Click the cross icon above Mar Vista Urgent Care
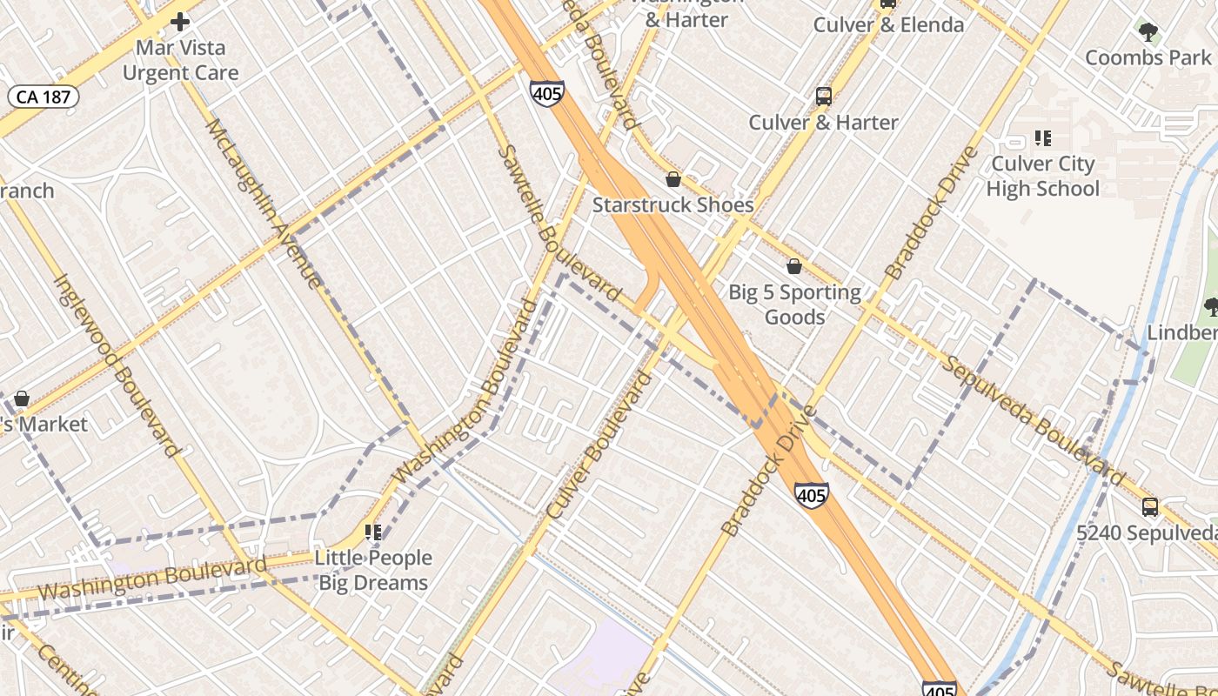pos(180,21)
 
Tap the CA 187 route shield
pos(43,97)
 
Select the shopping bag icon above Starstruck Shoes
pos(673,180)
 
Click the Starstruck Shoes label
pos(673,205)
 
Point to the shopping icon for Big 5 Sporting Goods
pos(793,266)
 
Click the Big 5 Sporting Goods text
pos(794,304)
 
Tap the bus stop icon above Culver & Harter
pos(823,97)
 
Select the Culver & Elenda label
pos(888,24)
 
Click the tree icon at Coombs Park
pos(1148,33)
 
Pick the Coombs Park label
pos(1148,57)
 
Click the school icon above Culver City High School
pos(1042,138)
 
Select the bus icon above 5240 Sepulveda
pos(1150,507)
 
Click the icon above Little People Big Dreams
pos(373,532)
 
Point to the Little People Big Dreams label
pos(373,570)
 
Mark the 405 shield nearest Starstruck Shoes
pos(546,93)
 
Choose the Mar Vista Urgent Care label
pos(180,60)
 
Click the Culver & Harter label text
pos(823,123)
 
